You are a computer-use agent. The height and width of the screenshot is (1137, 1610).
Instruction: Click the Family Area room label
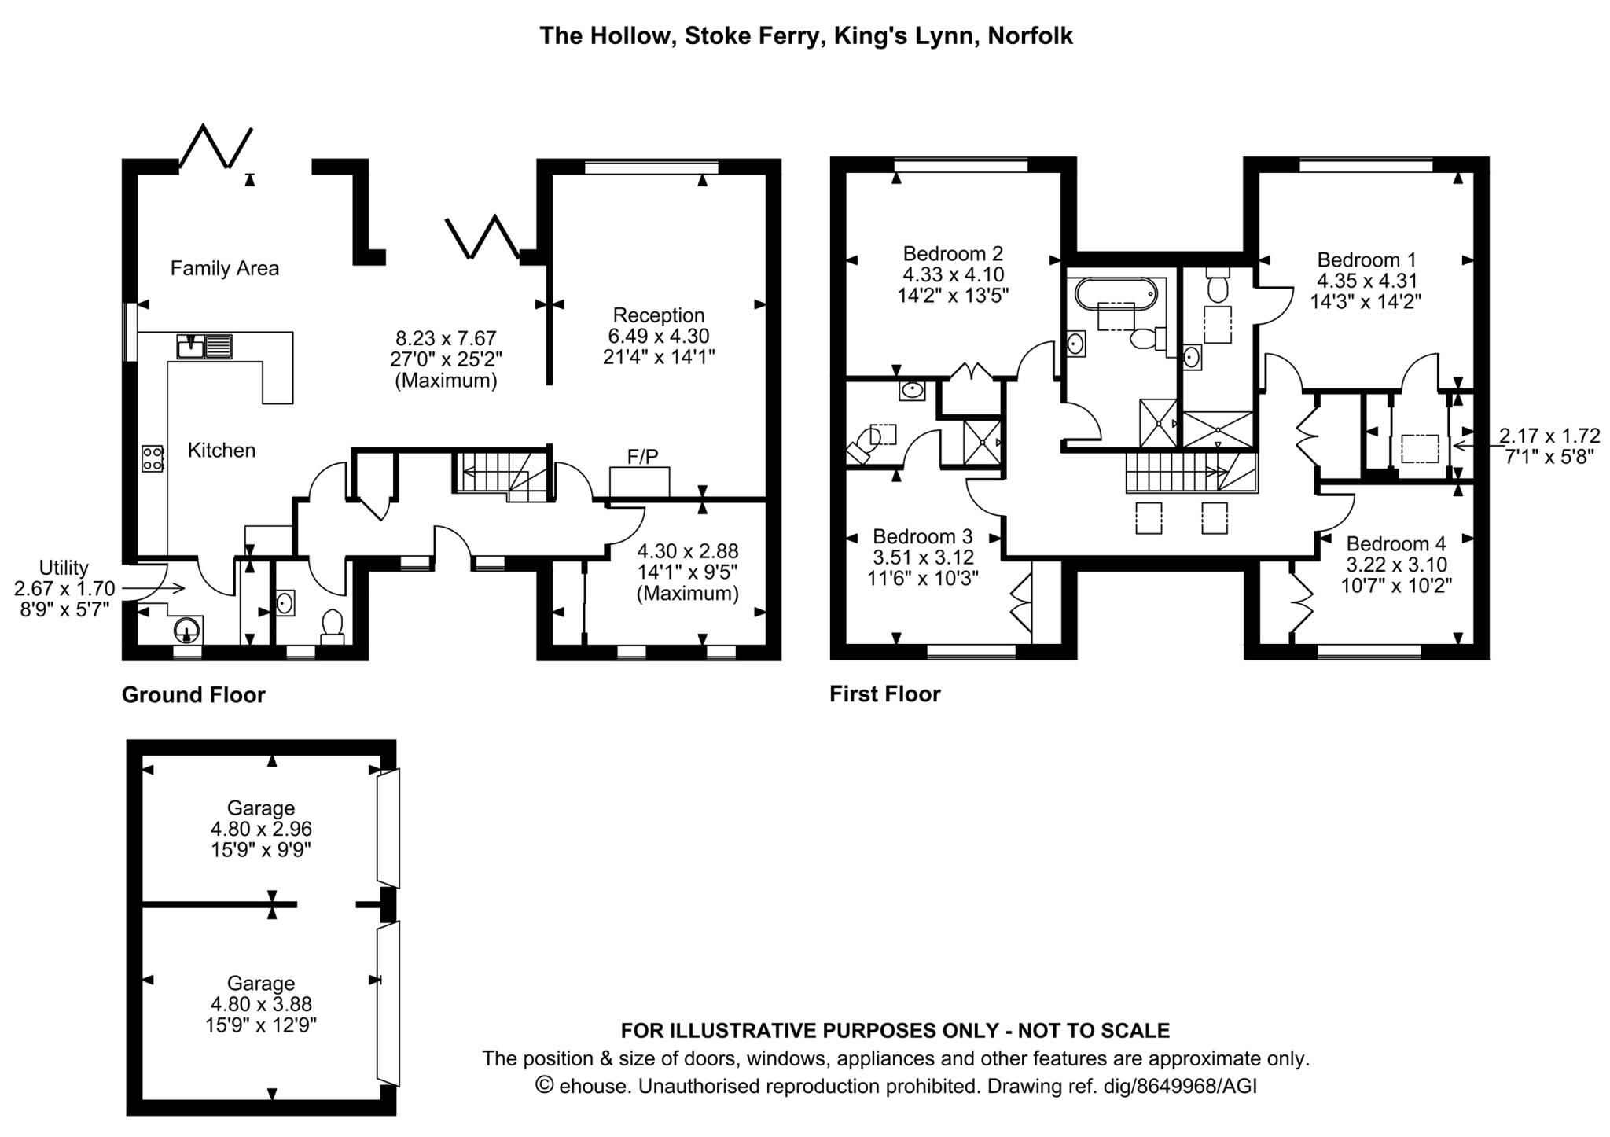(x=224, y=269)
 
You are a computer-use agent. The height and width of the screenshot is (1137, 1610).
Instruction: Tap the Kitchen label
(x=221, y=451)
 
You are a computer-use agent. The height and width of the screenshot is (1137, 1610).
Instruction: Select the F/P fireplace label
(x=642, y=456)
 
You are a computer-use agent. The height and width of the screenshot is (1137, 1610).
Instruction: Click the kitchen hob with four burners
(x=153, y=458)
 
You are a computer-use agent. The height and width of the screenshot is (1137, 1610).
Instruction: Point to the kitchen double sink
(x=204, y=346)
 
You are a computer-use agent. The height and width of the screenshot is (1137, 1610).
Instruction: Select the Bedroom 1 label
(x=1366, y=259)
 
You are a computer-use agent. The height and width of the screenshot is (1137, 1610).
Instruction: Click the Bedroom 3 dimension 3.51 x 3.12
(x=923, y=557)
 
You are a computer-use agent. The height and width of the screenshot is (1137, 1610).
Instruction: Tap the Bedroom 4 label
(x=1395, y=543)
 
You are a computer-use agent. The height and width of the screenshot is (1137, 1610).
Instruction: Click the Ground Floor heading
(x=193, y=695)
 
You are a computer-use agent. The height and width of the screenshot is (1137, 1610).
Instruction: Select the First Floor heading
(x=884, y=694)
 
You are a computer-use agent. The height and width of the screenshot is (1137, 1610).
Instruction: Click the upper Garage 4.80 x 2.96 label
(x=261, y=829)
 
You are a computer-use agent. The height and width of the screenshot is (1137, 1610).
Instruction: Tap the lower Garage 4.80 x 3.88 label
(x=261, y=1004)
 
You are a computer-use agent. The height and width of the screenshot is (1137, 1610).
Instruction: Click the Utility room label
(x=64, y=568)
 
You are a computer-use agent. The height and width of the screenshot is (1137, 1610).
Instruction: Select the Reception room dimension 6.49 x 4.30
(x=658, y=336)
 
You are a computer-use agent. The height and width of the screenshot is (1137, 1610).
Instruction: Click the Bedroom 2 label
(x=953, y=254)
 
